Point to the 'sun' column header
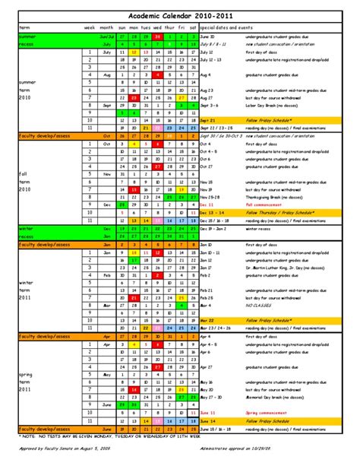point(122,27)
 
